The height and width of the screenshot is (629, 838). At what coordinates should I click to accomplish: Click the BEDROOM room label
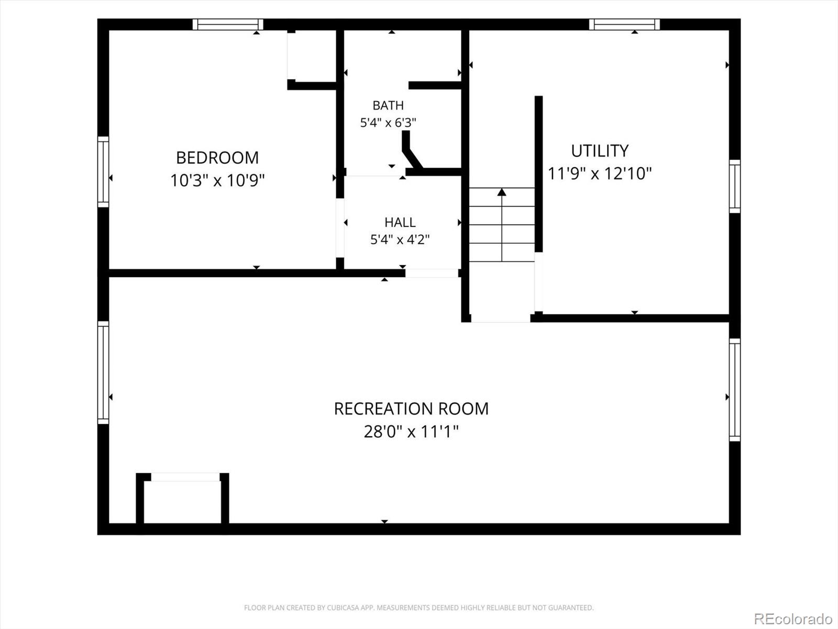pos(217,158)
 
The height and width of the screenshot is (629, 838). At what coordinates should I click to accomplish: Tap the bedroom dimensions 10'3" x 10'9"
pos(217,180)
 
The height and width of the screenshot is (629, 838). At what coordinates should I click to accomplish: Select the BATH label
pos(388,105)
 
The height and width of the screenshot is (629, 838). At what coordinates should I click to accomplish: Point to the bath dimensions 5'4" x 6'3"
pos(388,123)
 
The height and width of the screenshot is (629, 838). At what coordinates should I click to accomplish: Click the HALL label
pos(400,222)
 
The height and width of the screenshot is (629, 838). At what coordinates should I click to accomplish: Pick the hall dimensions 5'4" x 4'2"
pos(400,240)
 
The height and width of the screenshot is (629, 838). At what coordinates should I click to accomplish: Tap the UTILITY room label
pos(599,151)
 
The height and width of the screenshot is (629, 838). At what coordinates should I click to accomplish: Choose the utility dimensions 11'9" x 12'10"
pos(599,173)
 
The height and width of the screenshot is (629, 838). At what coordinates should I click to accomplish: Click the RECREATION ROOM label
pos(411,409)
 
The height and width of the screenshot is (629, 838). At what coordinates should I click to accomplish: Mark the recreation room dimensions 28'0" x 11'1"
pos(411,431)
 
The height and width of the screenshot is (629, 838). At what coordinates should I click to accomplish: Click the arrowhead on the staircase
pos(502,192)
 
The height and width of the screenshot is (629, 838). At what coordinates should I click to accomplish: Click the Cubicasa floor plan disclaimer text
pos(419,608)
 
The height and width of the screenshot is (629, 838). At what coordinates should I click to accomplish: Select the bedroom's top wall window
pos(228,25)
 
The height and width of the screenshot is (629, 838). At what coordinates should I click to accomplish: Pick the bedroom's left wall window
pos(103,172)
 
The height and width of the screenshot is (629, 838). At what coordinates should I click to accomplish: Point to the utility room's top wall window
pos(625,25)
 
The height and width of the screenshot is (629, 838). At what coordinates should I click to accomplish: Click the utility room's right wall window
pos(735,187)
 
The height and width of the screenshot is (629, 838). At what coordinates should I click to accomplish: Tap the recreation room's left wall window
pos(103,372)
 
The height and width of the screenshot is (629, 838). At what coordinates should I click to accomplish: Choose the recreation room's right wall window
pos(735,389)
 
